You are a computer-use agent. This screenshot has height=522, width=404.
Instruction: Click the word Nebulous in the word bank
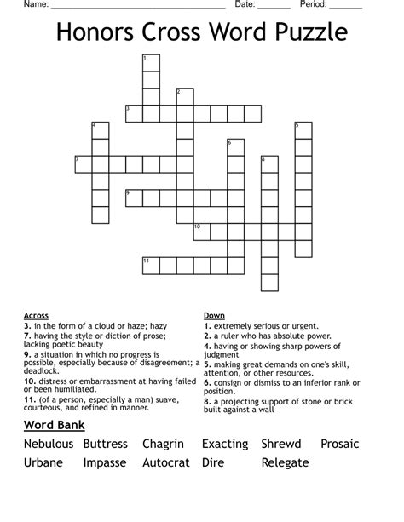coord(49,444)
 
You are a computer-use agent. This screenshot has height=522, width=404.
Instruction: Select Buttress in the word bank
coord(106,444)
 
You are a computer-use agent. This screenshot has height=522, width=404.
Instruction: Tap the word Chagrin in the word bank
coord(164,444)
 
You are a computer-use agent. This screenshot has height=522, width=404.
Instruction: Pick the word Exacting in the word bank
coord(225,444)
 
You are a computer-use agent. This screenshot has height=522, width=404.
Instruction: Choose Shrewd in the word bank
coord(281,444)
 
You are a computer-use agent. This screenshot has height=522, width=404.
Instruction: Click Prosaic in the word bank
coord(340,444)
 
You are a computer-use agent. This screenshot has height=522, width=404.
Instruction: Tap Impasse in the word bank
coord(105,463)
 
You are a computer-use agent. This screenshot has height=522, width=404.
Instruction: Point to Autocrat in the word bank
coord(167,463)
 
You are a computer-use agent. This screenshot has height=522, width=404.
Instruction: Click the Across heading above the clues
coord(37,315)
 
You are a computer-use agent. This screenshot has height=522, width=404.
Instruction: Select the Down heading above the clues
coord(214,315)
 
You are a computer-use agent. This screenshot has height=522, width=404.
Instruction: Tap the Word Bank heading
coord(54,424)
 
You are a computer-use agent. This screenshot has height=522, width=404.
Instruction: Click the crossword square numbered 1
coord(151,62)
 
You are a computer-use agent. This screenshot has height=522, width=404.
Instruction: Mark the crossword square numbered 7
coord(83,163)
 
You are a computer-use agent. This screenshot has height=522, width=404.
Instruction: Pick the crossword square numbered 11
coord(151,265)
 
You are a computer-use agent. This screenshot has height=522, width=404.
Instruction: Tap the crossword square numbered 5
coord(303,130)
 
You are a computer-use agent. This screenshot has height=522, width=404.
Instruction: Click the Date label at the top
coord(245,4)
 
